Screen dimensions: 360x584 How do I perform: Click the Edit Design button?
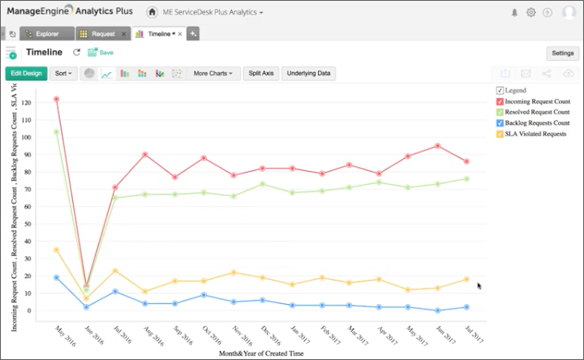26,73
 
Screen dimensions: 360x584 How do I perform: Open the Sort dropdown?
63,73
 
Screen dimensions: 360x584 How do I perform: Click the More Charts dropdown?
213,73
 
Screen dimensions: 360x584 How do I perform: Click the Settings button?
562,53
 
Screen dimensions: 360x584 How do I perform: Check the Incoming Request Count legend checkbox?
500,101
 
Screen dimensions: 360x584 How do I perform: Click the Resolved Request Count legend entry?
535,112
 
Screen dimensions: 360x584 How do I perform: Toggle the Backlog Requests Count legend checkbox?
500,122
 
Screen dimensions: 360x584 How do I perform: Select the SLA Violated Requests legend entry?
535,133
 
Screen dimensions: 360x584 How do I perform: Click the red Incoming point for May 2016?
56,99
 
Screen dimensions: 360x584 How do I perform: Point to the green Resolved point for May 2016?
56,132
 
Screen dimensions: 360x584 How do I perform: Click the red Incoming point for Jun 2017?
437,146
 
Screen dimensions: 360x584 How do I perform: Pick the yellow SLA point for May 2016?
56,250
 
